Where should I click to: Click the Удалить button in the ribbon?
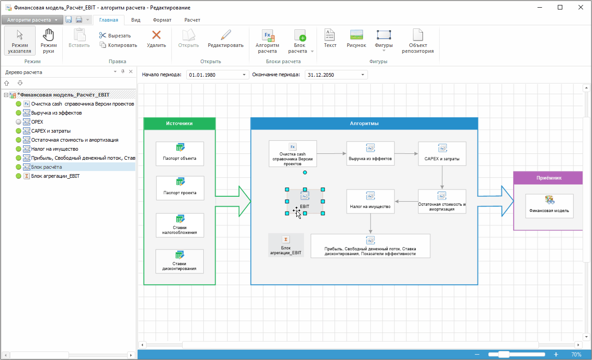[156, 39]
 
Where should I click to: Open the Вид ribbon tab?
[136, 20]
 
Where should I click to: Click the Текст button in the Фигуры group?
[330, 39]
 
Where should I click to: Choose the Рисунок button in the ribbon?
[356, 39]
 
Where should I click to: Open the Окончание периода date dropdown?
[363, 75]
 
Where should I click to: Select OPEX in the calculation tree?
[37, 122]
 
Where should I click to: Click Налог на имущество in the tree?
[55, 149]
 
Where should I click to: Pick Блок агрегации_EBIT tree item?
[55, 176]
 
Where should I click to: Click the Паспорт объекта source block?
[179, 153]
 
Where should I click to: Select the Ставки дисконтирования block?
[179, 261]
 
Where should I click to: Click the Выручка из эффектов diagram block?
[370, 153]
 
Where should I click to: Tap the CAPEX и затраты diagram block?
[442, 153]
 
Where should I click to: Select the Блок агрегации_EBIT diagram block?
[285, 245]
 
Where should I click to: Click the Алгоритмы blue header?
[364, 124]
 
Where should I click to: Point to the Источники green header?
[179, 124]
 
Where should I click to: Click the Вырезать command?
[115, 36]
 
